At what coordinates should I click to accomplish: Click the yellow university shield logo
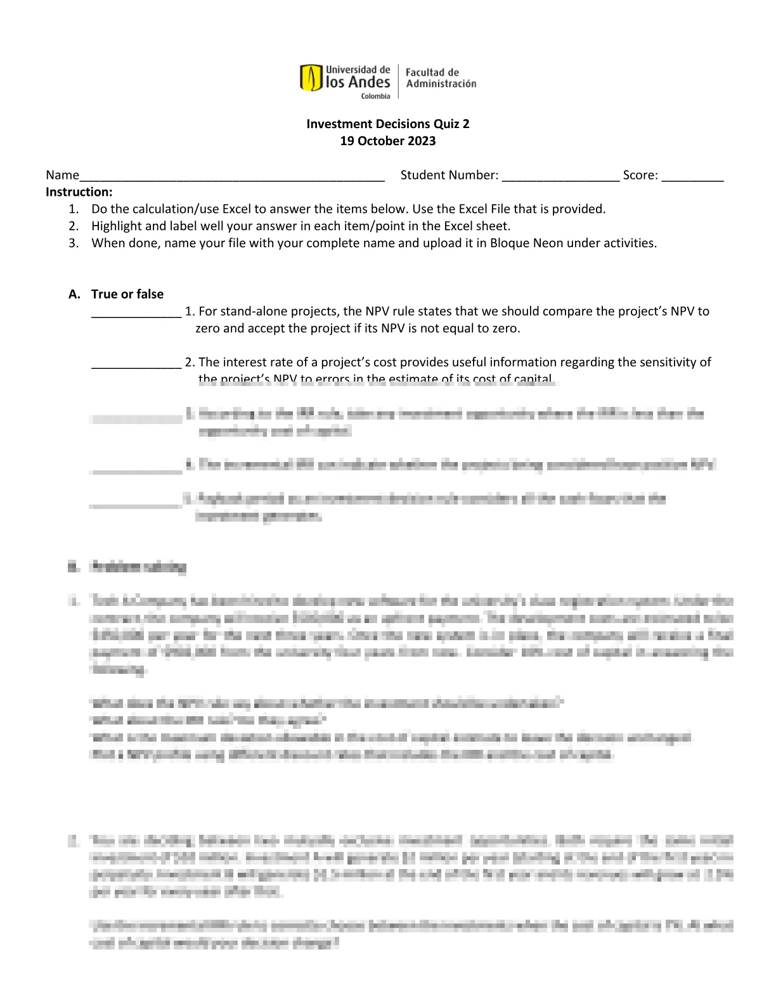[x=311, y=78]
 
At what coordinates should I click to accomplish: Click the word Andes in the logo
[x=369, y=82]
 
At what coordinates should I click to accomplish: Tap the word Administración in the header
[x=441, y=84]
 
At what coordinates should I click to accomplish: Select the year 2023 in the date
[x=422, y=141]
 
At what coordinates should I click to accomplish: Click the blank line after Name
[x=232, y=177]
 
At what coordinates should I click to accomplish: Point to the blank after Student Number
[x=560, y=177]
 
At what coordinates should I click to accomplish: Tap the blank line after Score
[x=692, y=177]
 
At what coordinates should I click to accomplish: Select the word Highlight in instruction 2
[x=117, y=226]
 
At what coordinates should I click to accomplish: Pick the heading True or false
[x=127, y=294]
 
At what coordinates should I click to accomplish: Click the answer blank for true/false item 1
[x=136, y=313]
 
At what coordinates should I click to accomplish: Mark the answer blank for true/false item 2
[x=136, y=364]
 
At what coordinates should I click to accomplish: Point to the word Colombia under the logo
[x=376, y=96]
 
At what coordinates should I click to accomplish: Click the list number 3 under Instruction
[x=74, y=243]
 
